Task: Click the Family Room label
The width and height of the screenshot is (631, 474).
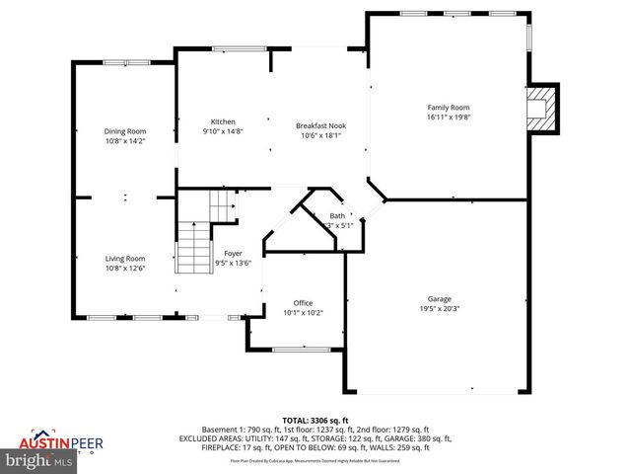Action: point(448,107)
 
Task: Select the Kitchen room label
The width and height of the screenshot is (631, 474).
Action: point(223,121)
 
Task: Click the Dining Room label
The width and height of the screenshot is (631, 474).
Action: point(125,131)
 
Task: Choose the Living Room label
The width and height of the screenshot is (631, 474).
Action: point(125,258)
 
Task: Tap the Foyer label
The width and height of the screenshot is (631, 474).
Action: point(233,253)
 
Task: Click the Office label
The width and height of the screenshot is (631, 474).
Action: point(303,302)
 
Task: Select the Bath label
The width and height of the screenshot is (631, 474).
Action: point(337,215)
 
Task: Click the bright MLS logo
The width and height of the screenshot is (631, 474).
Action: point(38,460)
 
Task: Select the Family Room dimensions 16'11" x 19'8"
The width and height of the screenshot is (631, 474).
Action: point(448,117)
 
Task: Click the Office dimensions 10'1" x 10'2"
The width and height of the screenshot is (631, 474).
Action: point(303,312)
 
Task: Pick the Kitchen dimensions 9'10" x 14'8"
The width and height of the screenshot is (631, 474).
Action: point(223,131)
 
